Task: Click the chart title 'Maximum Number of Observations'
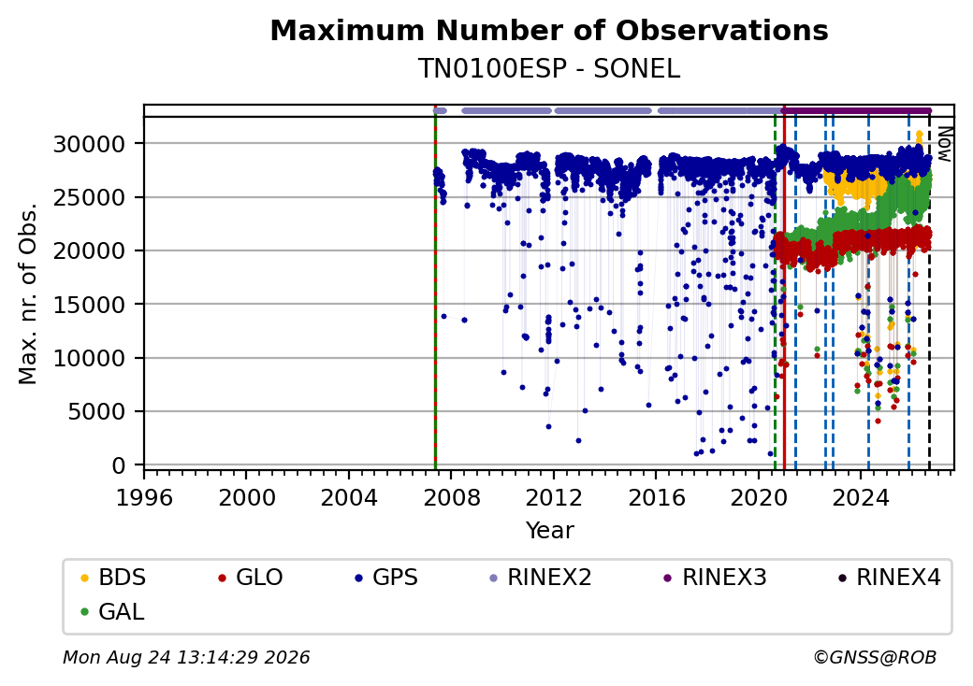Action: coord(549,30)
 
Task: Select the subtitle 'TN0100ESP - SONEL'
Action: coord(549,68)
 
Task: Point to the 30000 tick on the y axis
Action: coord(90,144)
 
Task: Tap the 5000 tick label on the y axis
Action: coord(96,411)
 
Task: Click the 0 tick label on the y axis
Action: coord(119,465)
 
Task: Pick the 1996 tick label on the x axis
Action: coord(144,497)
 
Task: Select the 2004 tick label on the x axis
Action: coord(349,497)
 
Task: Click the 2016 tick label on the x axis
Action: coord(657,497)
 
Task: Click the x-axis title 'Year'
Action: coord(550,531)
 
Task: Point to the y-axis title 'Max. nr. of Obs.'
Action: coord(28,293)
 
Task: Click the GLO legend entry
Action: coord(251,578)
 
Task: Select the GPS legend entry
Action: coord(386,578)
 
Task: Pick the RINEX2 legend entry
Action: coord(541,578)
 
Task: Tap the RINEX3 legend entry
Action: coord(716,578)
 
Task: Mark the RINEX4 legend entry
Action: coord(890,578)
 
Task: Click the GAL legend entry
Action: coord(112,611)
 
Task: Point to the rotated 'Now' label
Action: coord(945,144)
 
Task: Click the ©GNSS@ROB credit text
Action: coord(875,657)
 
